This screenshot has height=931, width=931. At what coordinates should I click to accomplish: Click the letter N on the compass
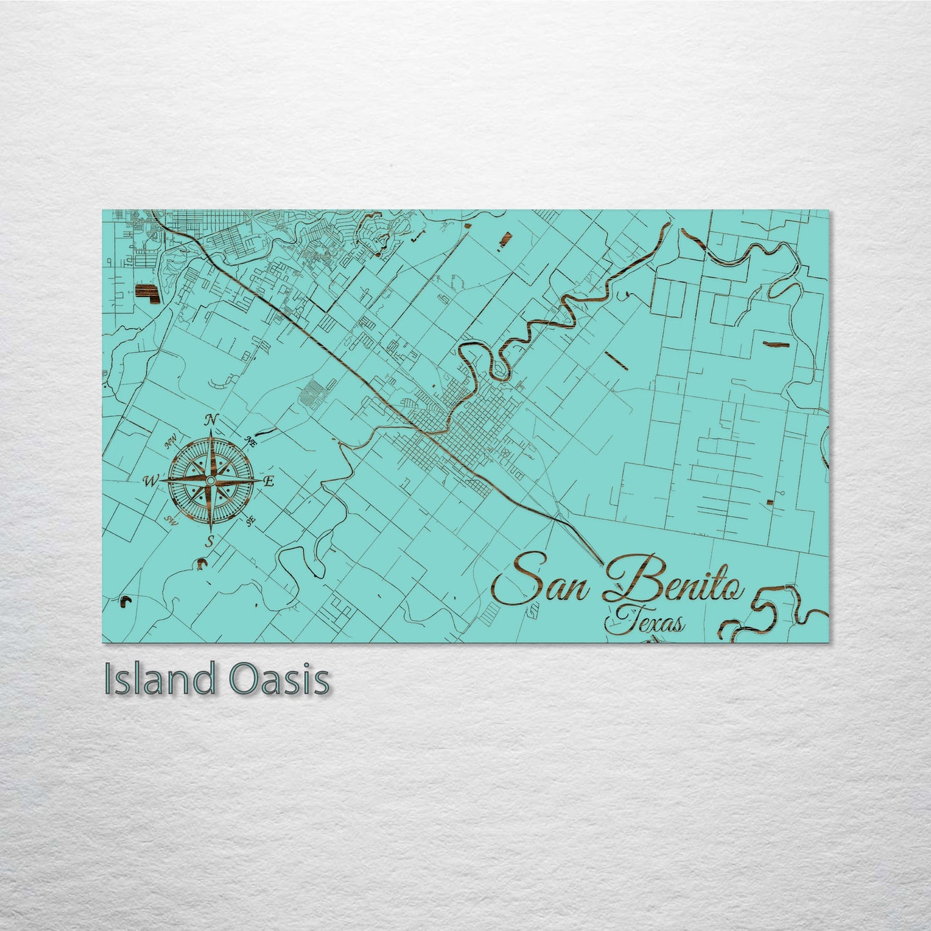210,421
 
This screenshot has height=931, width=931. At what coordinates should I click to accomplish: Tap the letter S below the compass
209,542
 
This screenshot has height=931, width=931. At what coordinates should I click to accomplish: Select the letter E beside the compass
269,481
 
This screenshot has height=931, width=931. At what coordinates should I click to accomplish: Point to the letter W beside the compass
149,481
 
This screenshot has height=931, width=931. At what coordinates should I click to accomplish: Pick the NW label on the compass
171,443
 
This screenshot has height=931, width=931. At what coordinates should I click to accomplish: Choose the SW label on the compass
171,521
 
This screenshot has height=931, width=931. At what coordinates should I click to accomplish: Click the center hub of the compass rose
211,481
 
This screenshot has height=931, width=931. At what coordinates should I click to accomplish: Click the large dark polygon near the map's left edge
146,293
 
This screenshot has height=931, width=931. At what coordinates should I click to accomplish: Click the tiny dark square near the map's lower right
770,502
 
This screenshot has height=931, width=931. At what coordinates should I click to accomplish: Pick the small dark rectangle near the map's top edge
503,240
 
